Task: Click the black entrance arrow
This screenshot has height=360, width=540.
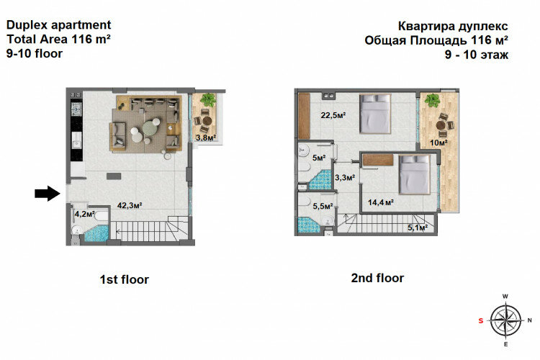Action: tap(47, 193)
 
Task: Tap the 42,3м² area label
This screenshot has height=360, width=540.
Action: tap(130, 205)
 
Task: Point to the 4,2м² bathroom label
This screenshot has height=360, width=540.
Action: tap(85, 213)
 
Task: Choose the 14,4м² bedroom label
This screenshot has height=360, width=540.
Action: tap(379, 202)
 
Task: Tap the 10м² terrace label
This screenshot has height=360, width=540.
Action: tap(439, 143)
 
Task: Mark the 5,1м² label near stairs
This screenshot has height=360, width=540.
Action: tap(418, 228)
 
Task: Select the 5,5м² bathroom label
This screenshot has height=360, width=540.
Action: tap(323, 207)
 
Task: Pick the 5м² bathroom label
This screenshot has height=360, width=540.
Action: tap(318, 158)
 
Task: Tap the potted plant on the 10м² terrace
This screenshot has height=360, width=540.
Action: tap(432, 100)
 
